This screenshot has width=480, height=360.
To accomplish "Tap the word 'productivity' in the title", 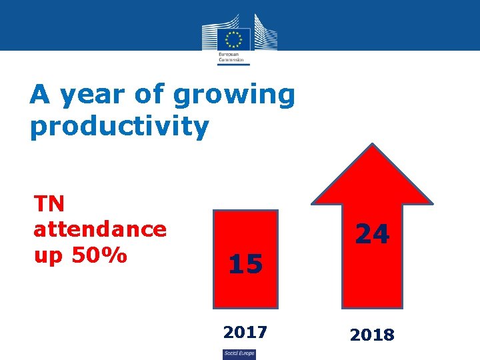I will (x=119, y=126).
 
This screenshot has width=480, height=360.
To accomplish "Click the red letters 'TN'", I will (x=49, y=205).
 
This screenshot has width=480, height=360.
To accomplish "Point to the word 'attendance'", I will (x=100, y=229).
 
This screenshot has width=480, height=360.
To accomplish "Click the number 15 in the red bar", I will (x=245, y=265).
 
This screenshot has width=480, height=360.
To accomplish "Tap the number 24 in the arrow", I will (x=372, y=233).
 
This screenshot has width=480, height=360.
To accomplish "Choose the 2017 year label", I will (x=245, y=331).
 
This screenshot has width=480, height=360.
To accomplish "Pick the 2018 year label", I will (x=372, y=335).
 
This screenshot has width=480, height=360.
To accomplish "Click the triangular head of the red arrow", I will (x=373, y=177).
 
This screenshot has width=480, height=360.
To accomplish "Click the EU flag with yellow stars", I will (x=233, y=39).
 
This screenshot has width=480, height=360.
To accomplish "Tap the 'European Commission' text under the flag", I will (x=231, y=57).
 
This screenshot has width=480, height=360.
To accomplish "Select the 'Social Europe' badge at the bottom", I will (x=239, y=353).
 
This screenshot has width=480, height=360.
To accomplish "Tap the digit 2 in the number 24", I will (x=363, y=233).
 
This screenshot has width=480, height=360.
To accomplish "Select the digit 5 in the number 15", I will (x=254, y=265).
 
